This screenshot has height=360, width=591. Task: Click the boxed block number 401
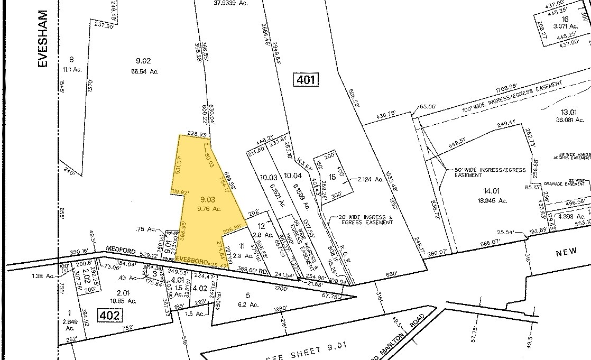(x=306, y=80)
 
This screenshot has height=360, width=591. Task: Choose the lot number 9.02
(x=143, y=61)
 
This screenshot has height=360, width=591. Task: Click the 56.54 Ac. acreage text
(x=143, y=71)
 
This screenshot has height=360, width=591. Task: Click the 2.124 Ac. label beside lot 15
(x=371, y=179)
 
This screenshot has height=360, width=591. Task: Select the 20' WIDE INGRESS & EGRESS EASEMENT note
(x=362, y=220)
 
